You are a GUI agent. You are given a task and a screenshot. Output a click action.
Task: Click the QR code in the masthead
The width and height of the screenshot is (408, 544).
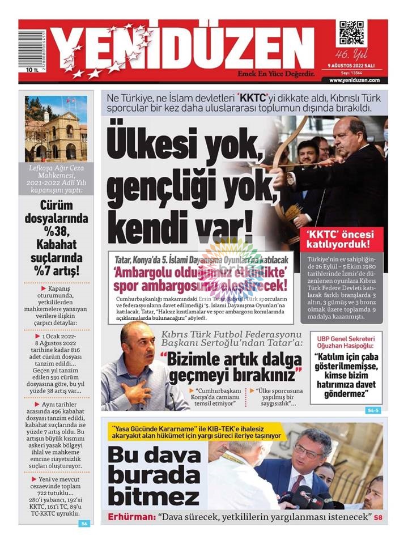pos(351,33)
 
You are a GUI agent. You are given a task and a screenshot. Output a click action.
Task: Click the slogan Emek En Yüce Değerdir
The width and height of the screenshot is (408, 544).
pos(276,74)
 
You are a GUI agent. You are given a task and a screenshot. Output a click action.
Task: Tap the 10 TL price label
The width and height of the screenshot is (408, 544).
pos(32,71)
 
